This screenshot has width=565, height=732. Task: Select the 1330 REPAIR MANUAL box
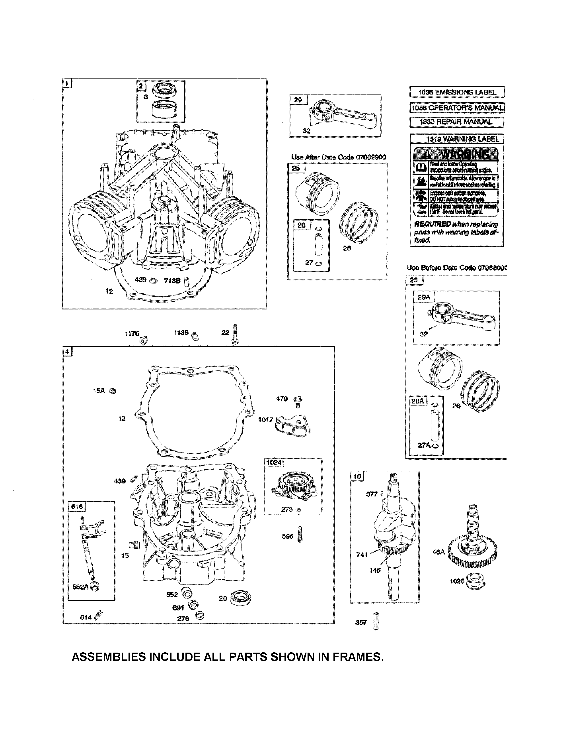tap(457, 122)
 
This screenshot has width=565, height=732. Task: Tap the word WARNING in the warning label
tap(465, 155)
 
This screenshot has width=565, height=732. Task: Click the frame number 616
tap(77, 506)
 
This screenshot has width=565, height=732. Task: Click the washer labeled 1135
tap(195, 336)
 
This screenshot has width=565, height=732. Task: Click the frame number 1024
tap(274, 462)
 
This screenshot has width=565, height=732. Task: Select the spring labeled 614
tap(99, 615)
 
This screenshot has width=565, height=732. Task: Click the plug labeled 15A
tap(113, 391)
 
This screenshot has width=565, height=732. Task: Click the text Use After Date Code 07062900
tap(339, 157)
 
